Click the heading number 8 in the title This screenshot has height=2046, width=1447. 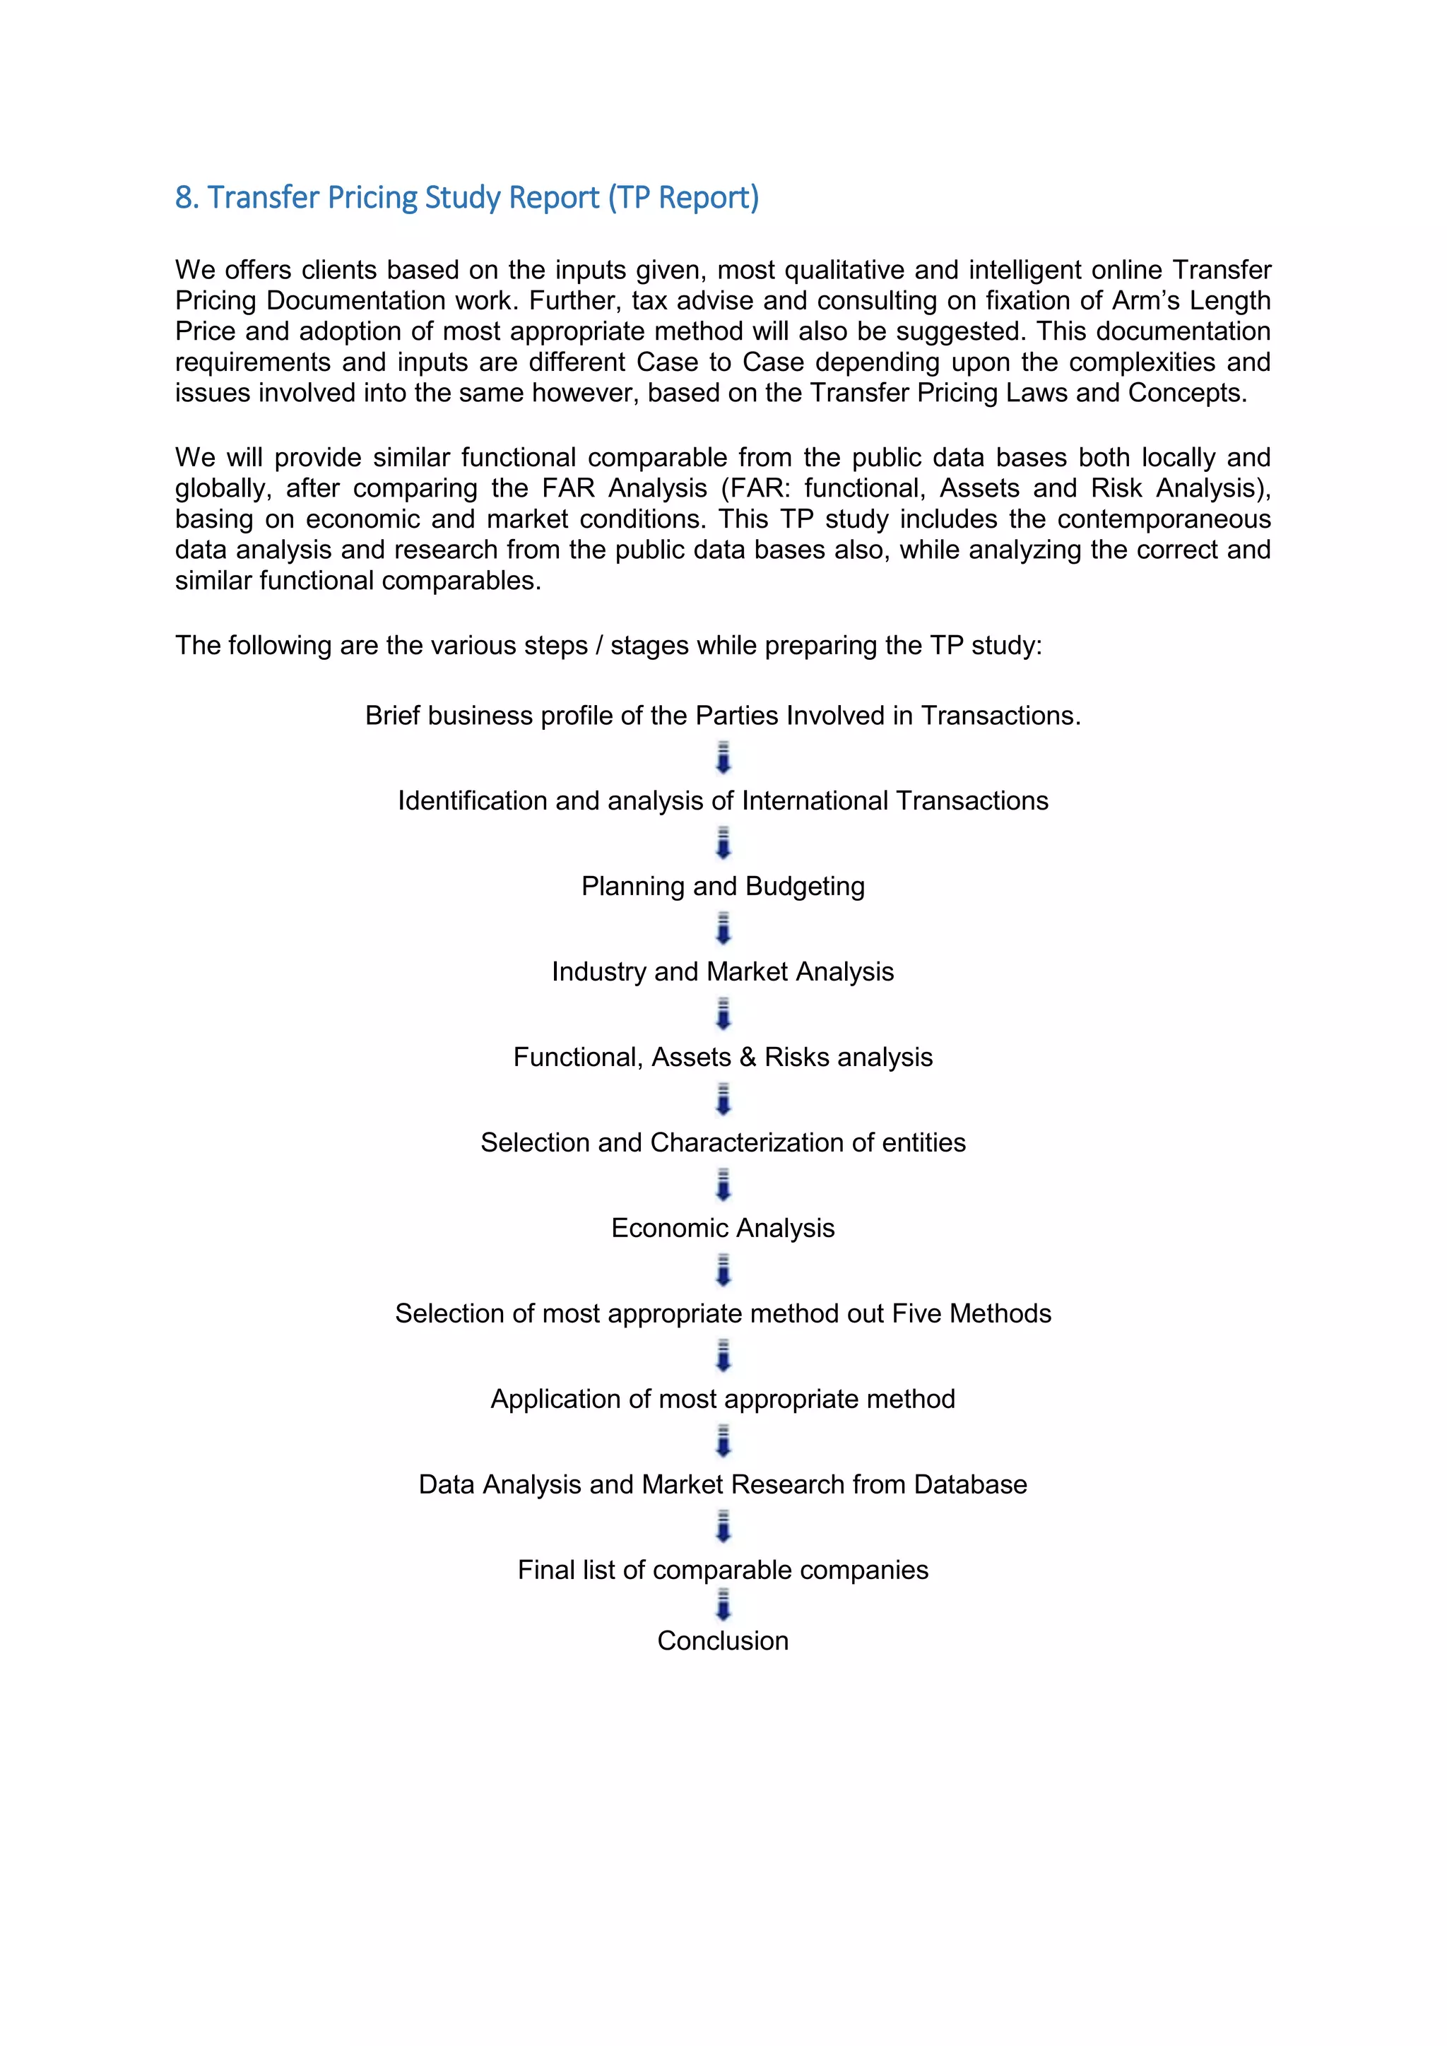(x=184, y=198)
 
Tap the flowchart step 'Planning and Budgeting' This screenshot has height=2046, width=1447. (x=723, y=886)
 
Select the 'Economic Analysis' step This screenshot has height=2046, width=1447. (x=723, y=1228)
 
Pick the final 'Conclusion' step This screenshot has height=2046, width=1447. (x=723, y=1640)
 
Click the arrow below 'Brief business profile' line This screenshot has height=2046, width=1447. (x=723, y=757)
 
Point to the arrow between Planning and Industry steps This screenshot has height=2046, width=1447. (x=723, y=928)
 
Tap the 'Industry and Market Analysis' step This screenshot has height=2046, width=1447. (x=723, y=971)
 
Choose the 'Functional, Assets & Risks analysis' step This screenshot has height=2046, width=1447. (x=723, y=1057)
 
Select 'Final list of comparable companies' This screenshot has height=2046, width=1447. (x=723, y=1569)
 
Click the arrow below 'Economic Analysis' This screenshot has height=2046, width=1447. (x=723, y=1271)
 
